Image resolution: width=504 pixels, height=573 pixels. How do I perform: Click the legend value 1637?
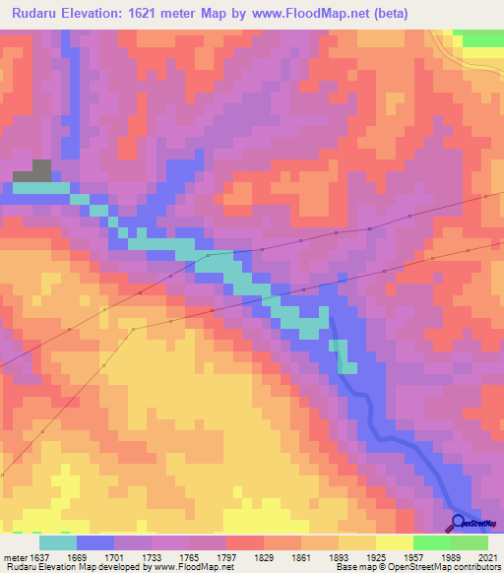(x=40, y=556)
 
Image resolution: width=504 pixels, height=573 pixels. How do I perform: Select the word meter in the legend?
(x=14, y=556)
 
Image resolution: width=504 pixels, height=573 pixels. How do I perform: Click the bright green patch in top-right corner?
(x=481, y=37)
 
